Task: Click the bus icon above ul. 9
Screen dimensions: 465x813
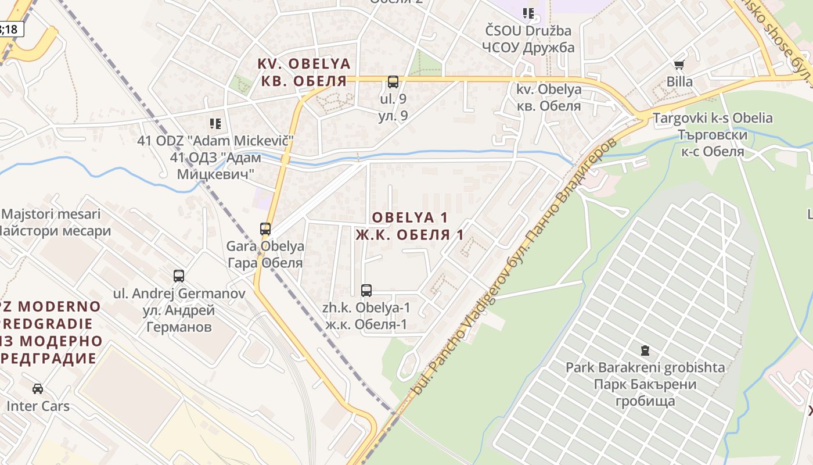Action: pyautogui.click(x=393, y=82)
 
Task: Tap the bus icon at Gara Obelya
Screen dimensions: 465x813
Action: pyautogui.click(x=265, y=229)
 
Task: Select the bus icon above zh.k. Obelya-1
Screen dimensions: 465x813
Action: pyautogui.click(x=366, y=291)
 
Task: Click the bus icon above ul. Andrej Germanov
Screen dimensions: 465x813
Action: pyautogui.click(x=179, y=276)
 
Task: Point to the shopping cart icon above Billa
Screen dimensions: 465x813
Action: pyautogui.click(x=679, y=65)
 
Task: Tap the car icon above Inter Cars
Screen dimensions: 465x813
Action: pyautogui.click(x=38, y=389)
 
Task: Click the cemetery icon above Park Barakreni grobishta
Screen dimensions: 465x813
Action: pyautogui.click(x=645, y=350)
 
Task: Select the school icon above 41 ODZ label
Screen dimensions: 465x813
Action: pyautogui.click(x=215, y=124)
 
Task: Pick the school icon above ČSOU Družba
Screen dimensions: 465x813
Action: pyautogui.click(x=528, y=13)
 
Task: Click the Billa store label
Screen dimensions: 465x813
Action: pyautogui.click(x=679, y=81)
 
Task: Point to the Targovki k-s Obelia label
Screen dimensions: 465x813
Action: pyautogui.click(x=713, y=119)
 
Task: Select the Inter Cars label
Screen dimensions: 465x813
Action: pyautogui.click(x=38, y=406)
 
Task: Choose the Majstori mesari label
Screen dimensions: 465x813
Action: pyautogui.click(x=51, y=214)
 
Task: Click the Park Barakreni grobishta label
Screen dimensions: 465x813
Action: pyautogui.click(x=645, y=367)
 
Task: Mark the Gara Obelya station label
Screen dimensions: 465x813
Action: pyautogui.click(x=265, y=246)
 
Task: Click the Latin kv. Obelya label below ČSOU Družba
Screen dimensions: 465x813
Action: pyautogui.click(x=549, y=90)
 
